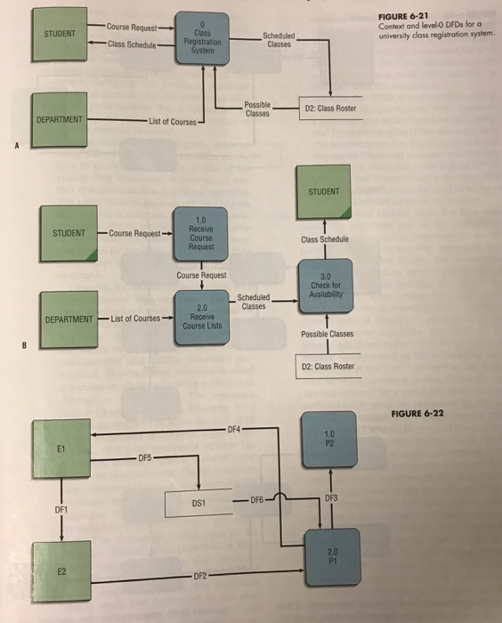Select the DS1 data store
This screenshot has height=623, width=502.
pyautogui.click(x=200, y=502)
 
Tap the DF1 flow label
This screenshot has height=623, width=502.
pyautogui.click(x=61, y=510)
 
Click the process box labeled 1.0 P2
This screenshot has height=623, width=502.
pyautogui.click(x=330, y=437)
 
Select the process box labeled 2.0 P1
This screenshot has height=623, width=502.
pyautogui.click(x=330, y=556)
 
